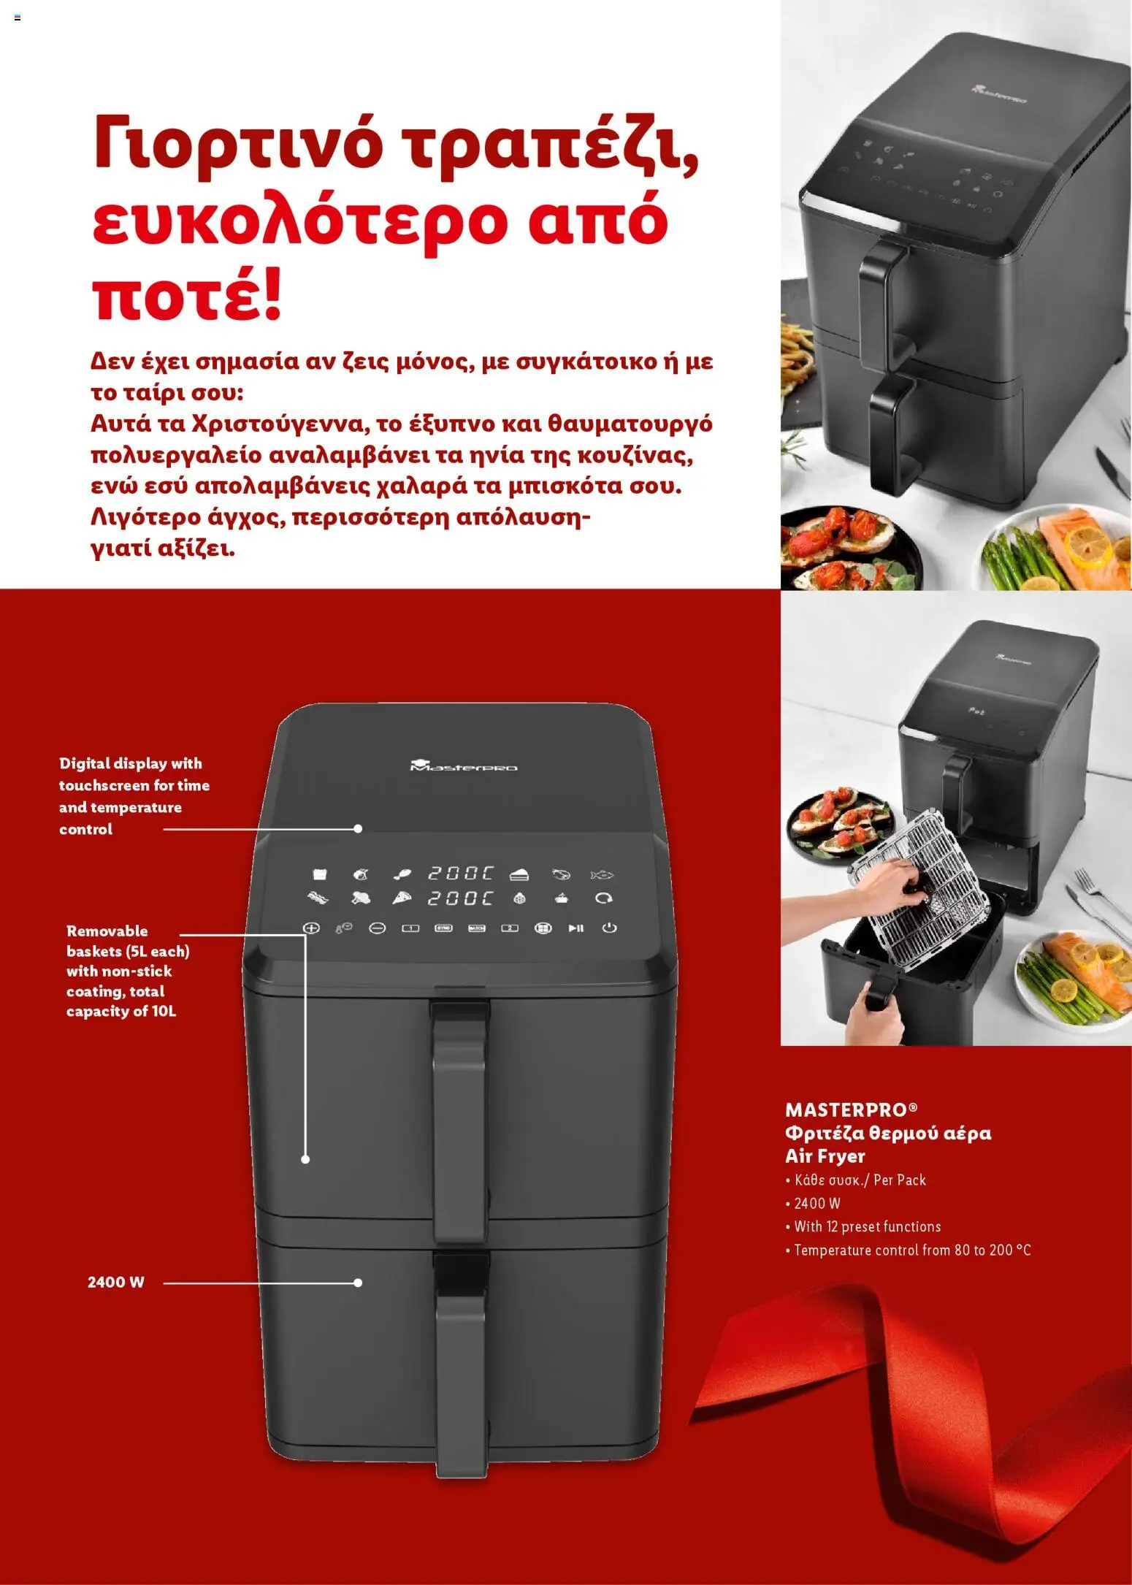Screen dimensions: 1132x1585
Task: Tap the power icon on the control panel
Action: pyautogui.click(x=609, y=928)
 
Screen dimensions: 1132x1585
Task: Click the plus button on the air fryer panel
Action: pyautogui.click(x=312, y=928)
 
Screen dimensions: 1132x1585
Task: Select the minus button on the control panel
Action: pyautogui.click(x=377, y=928)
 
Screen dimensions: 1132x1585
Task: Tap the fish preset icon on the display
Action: pyautogui.click(x=603, y=874)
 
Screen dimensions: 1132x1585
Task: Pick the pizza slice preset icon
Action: pyautogui.click(x=402, y=898)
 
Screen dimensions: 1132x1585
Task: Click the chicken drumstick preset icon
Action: pyautogui.click(x=402, y=874)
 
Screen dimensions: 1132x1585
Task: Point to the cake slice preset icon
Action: pyautogui.click(x=519, y=874)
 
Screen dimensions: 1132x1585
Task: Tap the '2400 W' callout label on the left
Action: pyautogui.click(x=116, y=1282)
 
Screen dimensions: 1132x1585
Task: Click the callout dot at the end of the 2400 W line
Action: pyautogui.click(x=358, y=1283)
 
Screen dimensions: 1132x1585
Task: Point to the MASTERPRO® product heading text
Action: pyautogui.click(x=852, y=1109)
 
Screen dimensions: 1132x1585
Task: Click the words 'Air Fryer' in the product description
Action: pyautogui.click(x=825, y=1156)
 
